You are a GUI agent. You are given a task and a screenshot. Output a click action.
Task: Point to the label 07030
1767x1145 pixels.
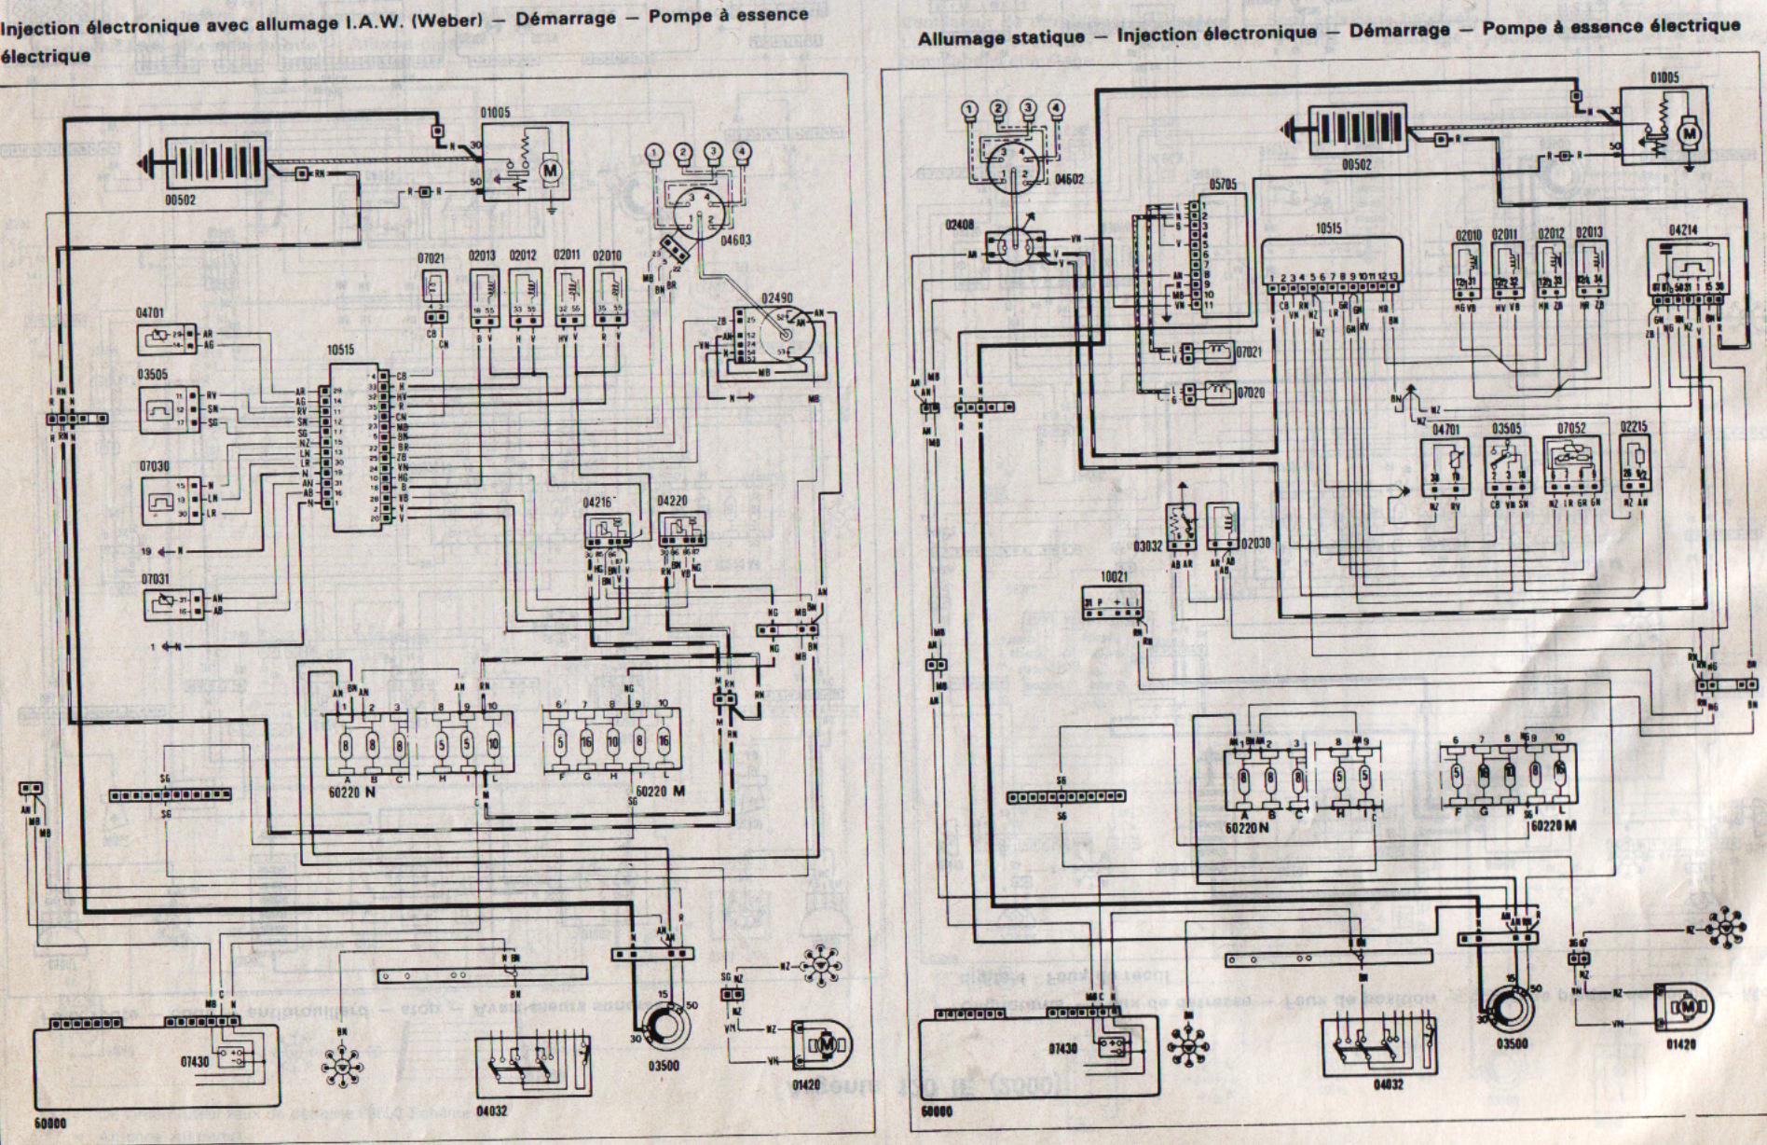click(156, 465)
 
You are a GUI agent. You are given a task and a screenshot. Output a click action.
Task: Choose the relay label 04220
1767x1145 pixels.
click(672, 501)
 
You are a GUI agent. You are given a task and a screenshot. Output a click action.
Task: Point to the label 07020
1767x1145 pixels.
click(1251, 393)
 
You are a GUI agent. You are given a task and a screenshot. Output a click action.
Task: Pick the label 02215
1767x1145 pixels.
click(1634, 427)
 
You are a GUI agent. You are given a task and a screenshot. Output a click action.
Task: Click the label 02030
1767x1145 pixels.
click(1253, 544)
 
